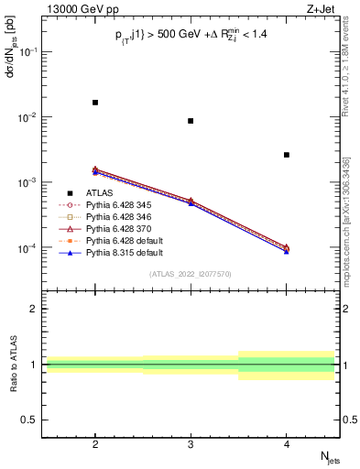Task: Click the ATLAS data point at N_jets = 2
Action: pyautogui.click(x=95, y=103)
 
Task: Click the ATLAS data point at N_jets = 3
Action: pyautogui.click(x=191, y=121)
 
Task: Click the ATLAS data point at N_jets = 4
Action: pyautogui.click(x=287, y=155)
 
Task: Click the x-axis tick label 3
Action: pyautogui.click(x=191, y=444)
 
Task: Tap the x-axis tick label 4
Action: pyautogui.click(x=287, y=444)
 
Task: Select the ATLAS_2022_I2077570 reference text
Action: pyautogui.click(x=191, y=274)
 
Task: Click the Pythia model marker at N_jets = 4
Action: pyautogui.click(x=287, y=249)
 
